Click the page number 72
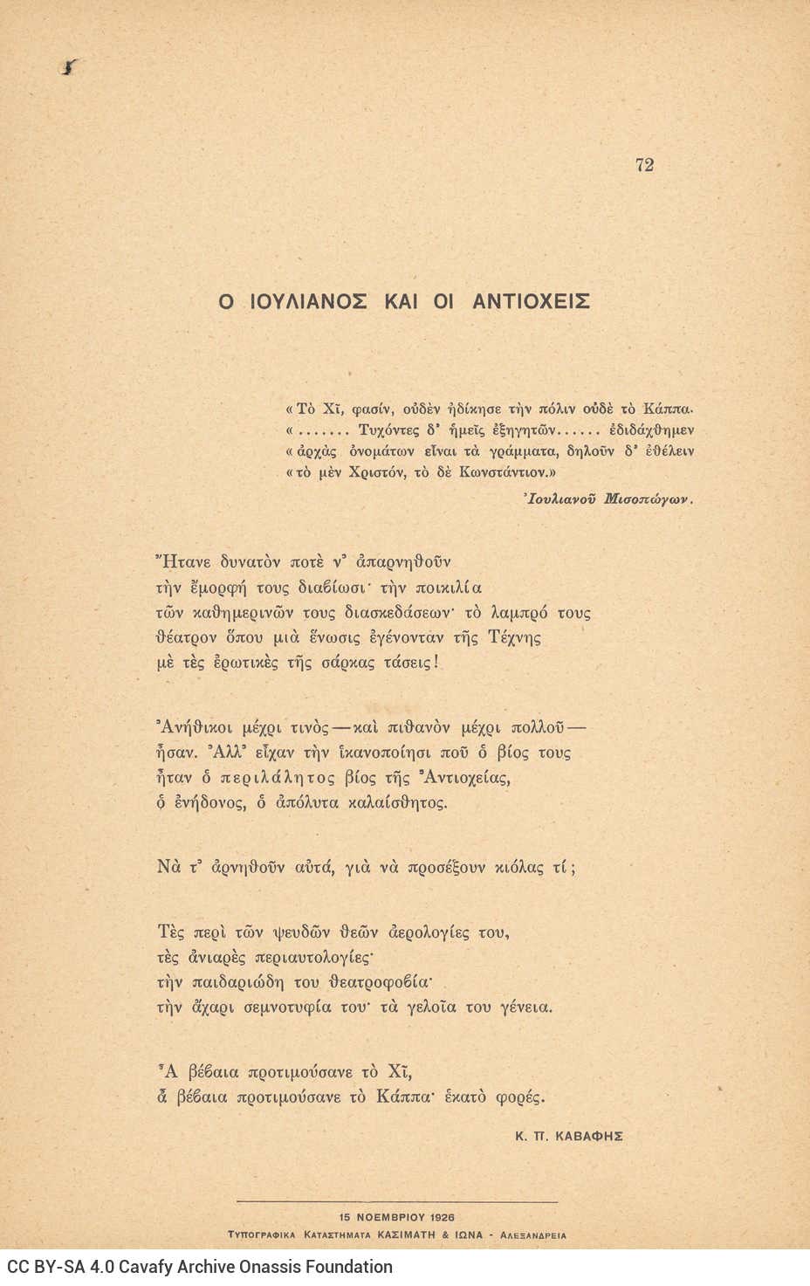(645, 165)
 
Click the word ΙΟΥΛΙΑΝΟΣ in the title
(305, 302)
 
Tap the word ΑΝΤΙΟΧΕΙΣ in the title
(532, 302)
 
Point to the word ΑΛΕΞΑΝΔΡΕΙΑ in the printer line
(534, 1235)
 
